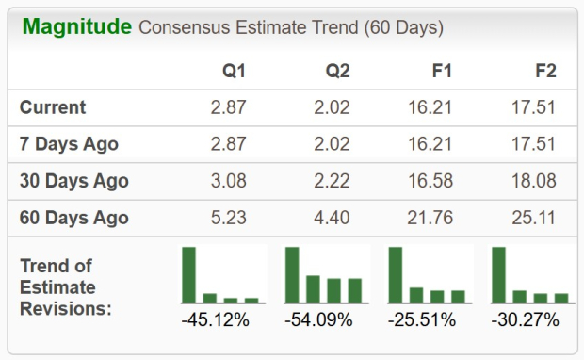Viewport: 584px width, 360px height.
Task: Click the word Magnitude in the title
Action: click(76, 26)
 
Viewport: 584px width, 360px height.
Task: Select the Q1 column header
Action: click(234, 71)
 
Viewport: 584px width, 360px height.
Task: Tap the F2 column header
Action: click(543, 71)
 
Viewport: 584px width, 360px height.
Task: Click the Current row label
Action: click(53, 107)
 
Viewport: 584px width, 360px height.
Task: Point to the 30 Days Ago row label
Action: click(74, 181)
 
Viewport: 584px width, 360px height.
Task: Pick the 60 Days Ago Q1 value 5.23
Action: click(228, 218)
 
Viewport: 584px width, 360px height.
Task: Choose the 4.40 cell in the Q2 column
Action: click(332, 218)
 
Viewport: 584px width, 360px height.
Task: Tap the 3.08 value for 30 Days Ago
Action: click(228, 181)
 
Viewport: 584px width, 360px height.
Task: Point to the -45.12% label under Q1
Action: click(215, 320)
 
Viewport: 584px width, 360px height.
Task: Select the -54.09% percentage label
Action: click(318, 320)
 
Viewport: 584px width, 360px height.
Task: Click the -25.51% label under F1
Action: click(421, 320)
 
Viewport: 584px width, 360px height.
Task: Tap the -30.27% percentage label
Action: click(525, 320)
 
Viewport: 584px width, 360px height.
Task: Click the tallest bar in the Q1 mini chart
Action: click(189, 274)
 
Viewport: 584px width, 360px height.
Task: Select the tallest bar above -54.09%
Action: click(292, 274)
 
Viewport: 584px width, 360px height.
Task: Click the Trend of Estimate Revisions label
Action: click(66, 286)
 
